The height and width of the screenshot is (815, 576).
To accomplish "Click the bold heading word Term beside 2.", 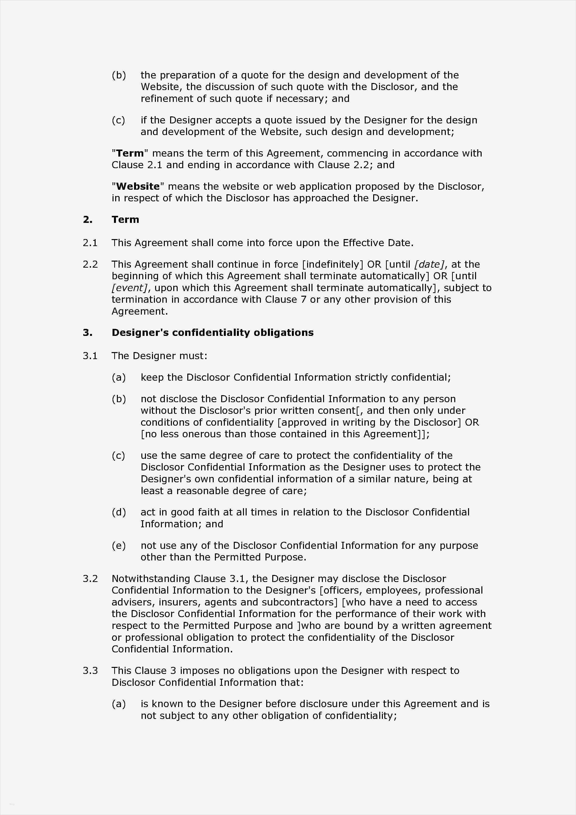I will tap(125, 220).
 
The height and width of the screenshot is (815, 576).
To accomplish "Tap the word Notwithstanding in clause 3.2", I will tap(151, 579).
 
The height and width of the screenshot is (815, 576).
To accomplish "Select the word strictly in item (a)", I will tap(371, 377).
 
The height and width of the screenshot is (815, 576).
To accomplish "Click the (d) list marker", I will tap(119, 512).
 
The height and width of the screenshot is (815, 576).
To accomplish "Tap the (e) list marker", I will tap(119, 546).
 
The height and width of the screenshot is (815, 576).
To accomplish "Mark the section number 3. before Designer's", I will tap(87, 332).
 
